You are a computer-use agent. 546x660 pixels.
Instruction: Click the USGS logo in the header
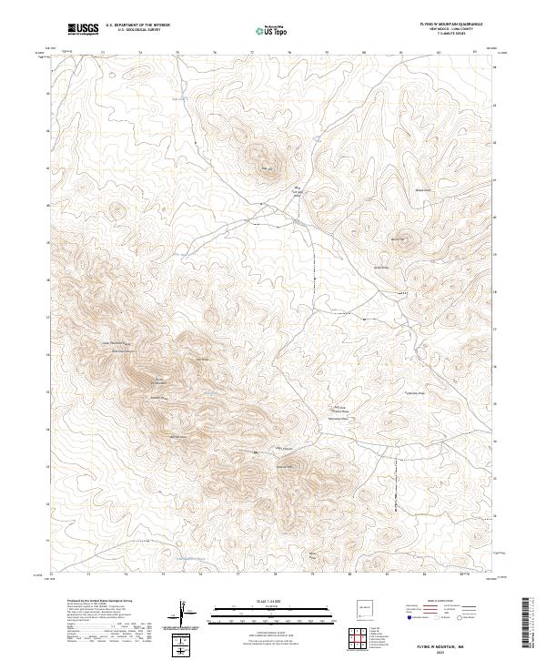(83, 28)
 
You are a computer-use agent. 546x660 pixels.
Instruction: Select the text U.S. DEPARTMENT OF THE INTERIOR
(137, 25)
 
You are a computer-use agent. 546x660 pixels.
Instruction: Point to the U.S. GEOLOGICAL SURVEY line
(137, 29)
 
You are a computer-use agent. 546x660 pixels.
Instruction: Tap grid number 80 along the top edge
(364, 53)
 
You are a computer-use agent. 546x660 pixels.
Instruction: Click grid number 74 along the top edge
(139, 53)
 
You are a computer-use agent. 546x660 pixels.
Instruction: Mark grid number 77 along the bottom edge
(251, 575)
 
